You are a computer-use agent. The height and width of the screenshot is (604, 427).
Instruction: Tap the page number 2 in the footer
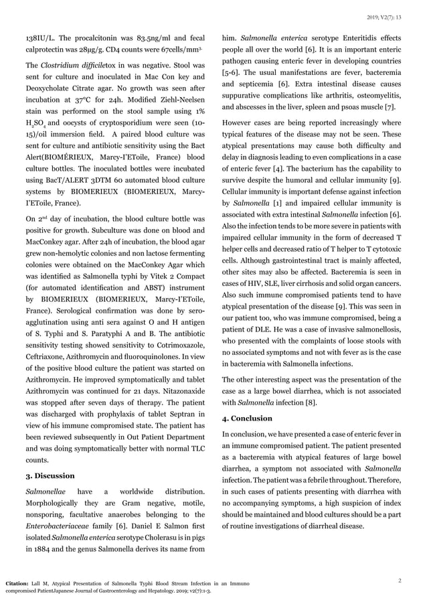pyautogui.click(x=400, y=580)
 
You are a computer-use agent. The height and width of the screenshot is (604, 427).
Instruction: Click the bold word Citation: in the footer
pyautogui.click(x=19, y=583)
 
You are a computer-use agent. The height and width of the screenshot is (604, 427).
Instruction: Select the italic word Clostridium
pyautogui.click(x=58, y=66)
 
